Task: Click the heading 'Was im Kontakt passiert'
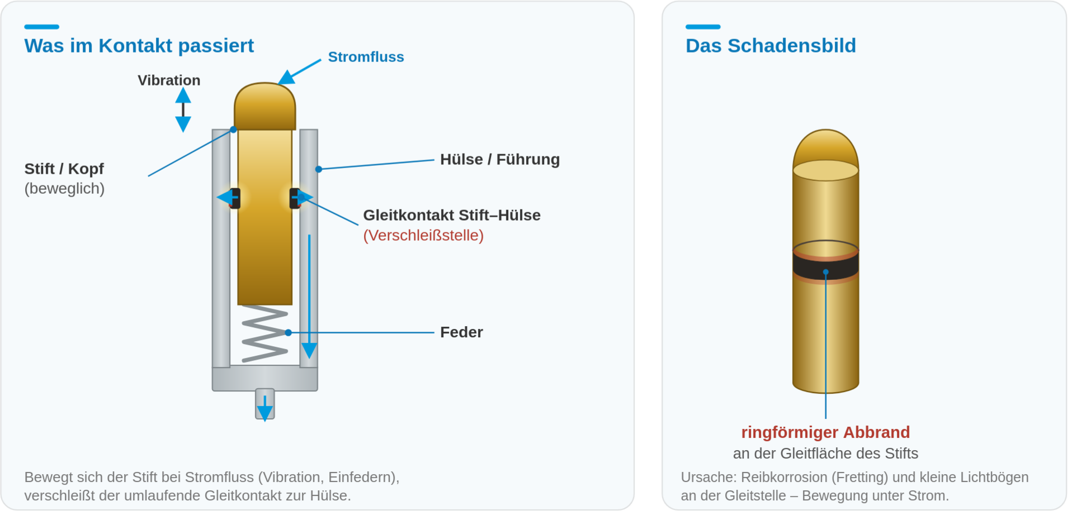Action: (x=139, y=46)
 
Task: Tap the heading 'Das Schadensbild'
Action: (x=771, y=46)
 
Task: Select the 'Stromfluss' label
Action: (x=366, y=57)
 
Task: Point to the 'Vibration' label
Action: (x=169, y=80)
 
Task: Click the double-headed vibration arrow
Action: (x=183, y=109)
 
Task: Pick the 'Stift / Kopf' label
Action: (x=64, y=169)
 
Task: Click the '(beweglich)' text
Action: (x=64, y=189)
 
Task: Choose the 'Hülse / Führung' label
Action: (x=500, y=160)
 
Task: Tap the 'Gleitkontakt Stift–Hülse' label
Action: (x=452, y=215)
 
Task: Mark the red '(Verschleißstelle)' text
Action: (x=423, y=235)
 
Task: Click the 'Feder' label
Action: (x=461, y=332)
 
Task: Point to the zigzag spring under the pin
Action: (x=264, y=333)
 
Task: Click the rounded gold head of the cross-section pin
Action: (x=264, y=106)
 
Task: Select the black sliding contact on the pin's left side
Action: (x=235, y=198)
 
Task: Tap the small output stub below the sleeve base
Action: (x=265, y=404)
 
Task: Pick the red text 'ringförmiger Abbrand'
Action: (x=825, y=432)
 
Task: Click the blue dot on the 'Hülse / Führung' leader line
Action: (x=318, y=169)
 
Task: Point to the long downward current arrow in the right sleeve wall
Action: (x=309, y=297)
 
